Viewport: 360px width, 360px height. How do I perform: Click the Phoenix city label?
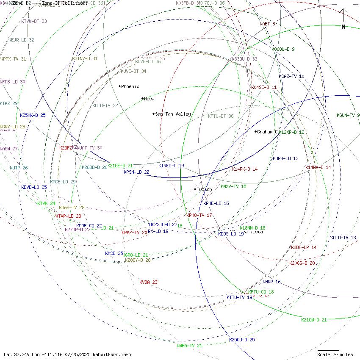[130, 86]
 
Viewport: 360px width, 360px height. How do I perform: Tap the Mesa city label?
[149, 99]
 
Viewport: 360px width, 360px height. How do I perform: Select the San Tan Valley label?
[173, 114]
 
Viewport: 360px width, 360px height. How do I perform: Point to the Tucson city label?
[205, 189]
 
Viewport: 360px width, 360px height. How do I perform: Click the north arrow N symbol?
[343, 27]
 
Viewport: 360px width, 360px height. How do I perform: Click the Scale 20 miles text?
[335, 354]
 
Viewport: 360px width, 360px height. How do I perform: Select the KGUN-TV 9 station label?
[348, 115]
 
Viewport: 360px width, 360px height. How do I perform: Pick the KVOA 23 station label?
[148, 282]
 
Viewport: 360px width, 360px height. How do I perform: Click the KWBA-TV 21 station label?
[189, 346]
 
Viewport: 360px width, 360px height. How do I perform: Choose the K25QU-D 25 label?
[242, 340]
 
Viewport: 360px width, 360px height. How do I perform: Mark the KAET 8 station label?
[267, 24]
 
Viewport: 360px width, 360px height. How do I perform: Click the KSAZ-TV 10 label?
[291, 76]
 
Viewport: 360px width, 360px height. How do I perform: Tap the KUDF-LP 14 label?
[304, 247]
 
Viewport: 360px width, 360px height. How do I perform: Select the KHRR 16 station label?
[271, 282]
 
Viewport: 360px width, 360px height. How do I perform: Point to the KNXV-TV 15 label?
[233, 186]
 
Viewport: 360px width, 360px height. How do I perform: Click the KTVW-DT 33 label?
[34, 21]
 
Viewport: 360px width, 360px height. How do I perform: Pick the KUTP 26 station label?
[19, 168]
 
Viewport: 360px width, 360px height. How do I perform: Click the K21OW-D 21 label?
[314, 320]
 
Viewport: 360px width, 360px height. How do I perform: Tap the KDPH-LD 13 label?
[285, 158]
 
